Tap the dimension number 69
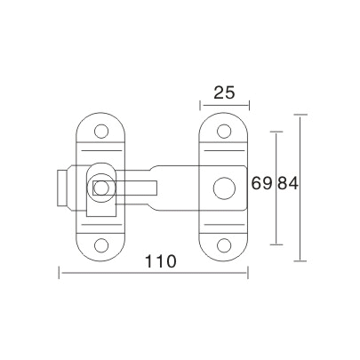click(261, 185)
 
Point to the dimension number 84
click(286, 185)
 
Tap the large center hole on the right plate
click(220, 188)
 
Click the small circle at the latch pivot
click(100, 187)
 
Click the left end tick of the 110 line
click(60, 273)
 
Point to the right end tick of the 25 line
click(245, 105)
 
